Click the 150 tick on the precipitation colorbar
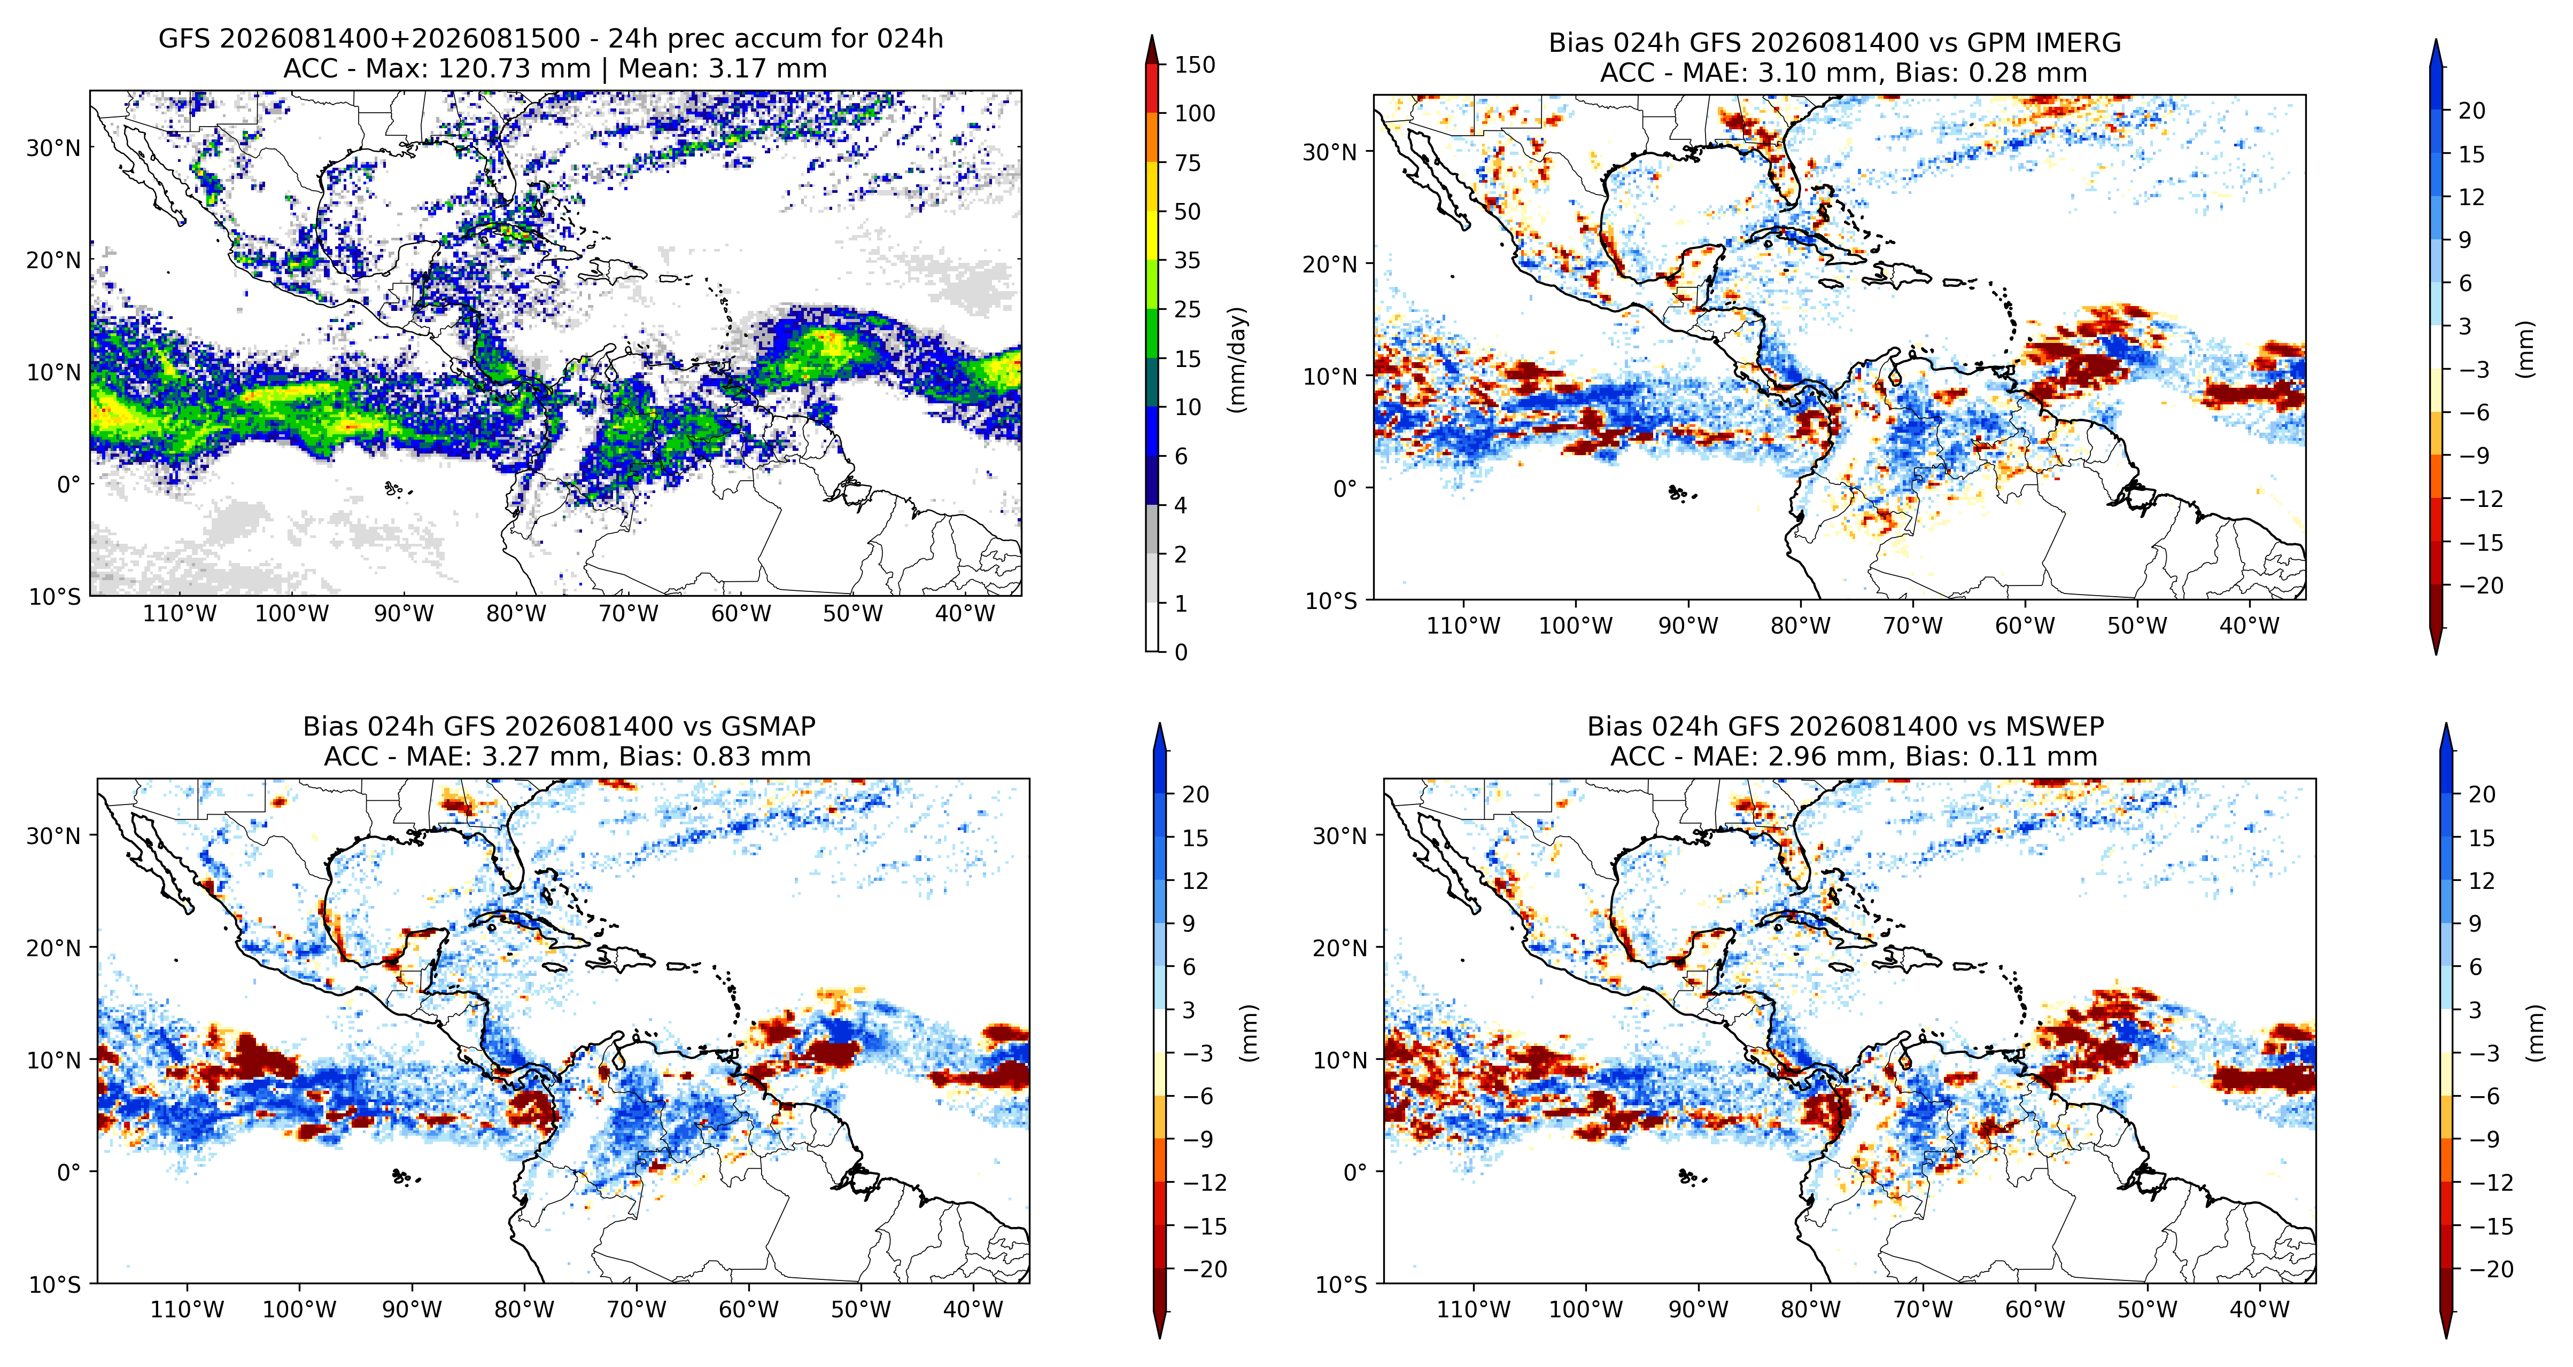[1195, 65]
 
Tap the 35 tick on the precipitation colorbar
[1188, 261]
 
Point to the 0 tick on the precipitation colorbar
[1181, 652]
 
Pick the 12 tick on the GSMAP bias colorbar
[1195, 881]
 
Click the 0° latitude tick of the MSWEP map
[1355, 1172]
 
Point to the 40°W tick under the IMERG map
[2250, 626]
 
